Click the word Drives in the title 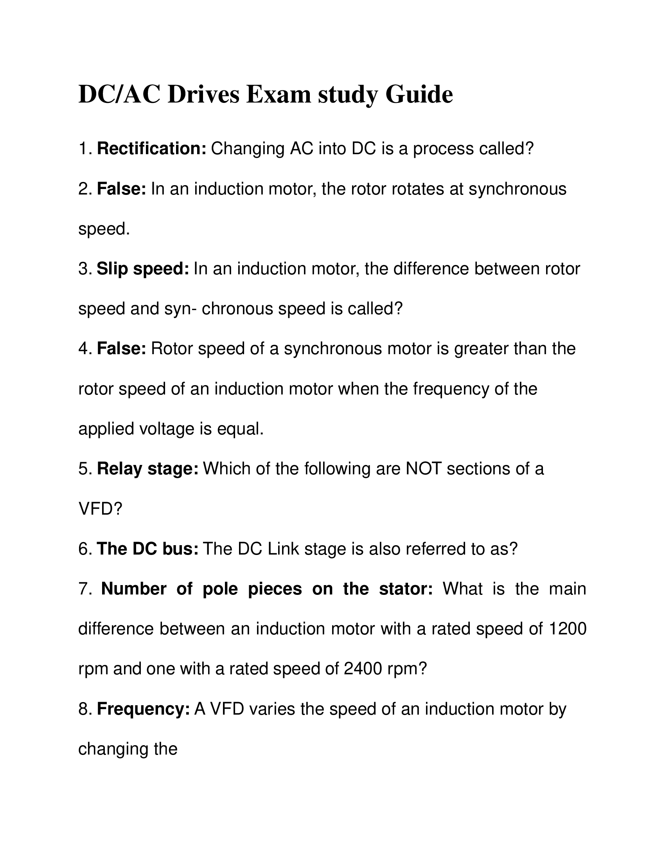pyautogui.click(x=203, y=95)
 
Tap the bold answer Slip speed pyautogui.click(x=143, y=269)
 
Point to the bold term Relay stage pyautogui.click(x=148, y=469)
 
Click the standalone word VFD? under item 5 pyautogui.click(x=101, y=509)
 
